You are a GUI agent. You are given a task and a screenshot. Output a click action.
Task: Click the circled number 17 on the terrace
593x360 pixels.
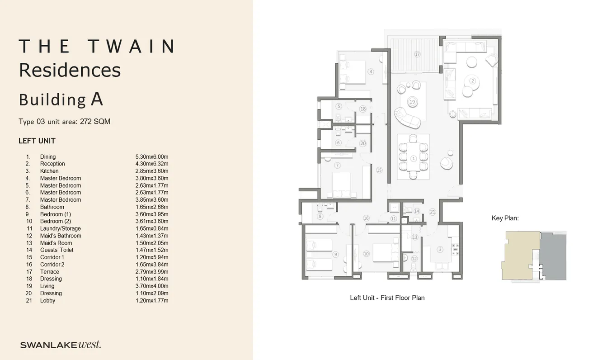(417, 54)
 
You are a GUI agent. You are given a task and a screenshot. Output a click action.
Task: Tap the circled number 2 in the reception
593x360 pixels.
(473, 81)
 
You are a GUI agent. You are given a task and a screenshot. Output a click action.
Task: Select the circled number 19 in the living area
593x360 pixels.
(412, 102)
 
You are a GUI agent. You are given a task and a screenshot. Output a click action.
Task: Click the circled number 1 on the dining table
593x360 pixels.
(414, 158)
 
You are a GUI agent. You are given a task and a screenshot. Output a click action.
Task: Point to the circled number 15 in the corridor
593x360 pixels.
(379, 170)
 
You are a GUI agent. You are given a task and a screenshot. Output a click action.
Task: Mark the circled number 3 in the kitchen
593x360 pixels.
(439, 249)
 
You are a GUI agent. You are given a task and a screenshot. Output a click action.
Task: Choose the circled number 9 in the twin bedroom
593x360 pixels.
(335, 255)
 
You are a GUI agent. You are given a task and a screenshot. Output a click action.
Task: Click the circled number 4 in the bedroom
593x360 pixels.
(371, 71)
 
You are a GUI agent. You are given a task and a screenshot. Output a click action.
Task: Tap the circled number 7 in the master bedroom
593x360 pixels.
(337, 166)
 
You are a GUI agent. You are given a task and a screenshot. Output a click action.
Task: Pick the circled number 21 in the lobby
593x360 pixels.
(433, 212)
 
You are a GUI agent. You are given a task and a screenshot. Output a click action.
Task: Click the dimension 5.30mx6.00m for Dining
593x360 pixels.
(152, 156)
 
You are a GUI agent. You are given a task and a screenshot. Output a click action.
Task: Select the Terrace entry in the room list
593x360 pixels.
(50, 272)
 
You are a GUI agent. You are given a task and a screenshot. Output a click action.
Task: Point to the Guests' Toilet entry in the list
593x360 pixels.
(56, 250)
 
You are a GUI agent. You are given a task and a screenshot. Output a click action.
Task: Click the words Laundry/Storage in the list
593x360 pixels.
(60, 228)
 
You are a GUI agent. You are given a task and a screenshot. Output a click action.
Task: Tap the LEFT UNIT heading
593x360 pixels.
(37, 141)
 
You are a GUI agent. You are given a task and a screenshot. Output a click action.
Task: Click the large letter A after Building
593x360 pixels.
(97, 99)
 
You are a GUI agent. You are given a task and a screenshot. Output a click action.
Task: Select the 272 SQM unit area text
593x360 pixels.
(95, 122)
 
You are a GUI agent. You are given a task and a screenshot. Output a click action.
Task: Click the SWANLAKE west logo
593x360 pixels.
(61, 345)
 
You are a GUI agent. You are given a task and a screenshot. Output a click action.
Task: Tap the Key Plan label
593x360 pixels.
(505, 218)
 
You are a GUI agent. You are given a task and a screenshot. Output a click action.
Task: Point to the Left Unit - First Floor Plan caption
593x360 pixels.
(387, 298)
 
